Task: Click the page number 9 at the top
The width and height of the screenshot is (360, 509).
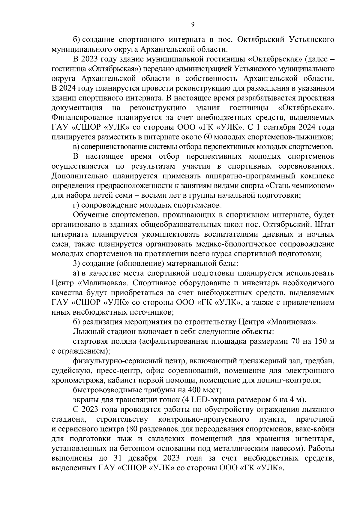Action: (193, 25)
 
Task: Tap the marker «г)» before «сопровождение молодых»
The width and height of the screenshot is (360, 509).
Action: (76, 205)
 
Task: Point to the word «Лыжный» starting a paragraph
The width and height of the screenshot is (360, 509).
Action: (86, 332)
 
